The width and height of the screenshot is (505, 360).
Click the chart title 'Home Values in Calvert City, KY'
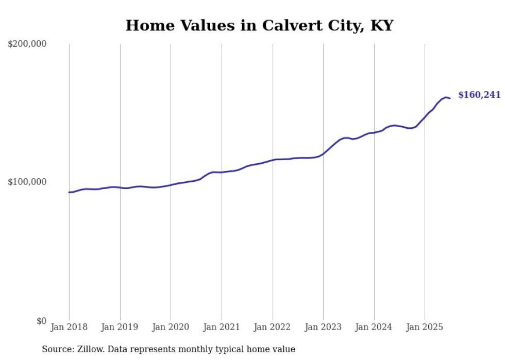pos(259,25)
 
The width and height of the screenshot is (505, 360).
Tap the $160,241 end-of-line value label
pos(479,95)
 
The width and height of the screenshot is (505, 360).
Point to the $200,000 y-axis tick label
pos(27,44)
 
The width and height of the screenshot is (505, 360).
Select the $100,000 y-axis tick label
pos(27,182)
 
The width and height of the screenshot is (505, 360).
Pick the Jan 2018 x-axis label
pos(69,327)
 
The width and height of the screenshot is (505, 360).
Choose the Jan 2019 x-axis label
pos(120,327)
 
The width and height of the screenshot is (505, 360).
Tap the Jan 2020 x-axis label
pos(171,327)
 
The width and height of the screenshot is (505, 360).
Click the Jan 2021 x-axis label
pos(222,327)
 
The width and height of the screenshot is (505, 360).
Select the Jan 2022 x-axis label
pos(273,327)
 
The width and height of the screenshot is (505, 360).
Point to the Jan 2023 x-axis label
pos(323,327)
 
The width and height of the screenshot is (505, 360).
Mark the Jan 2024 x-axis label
pos(374,327)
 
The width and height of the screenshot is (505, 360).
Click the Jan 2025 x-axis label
pos(425,327)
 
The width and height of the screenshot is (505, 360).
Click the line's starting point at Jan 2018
pos(69,192)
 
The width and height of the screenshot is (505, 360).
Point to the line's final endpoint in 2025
pos(450,98)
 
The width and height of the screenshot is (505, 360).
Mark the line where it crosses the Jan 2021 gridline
pos(222,172)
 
